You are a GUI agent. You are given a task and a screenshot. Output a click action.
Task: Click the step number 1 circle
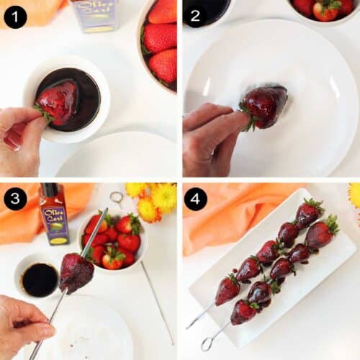[15, 16]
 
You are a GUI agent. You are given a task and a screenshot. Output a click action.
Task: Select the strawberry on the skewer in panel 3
[75, 271]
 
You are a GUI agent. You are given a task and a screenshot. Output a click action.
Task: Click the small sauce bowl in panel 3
[40, 278]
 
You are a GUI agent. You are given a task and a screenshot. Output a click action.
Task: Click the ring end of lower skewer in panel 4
[207, 344]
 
